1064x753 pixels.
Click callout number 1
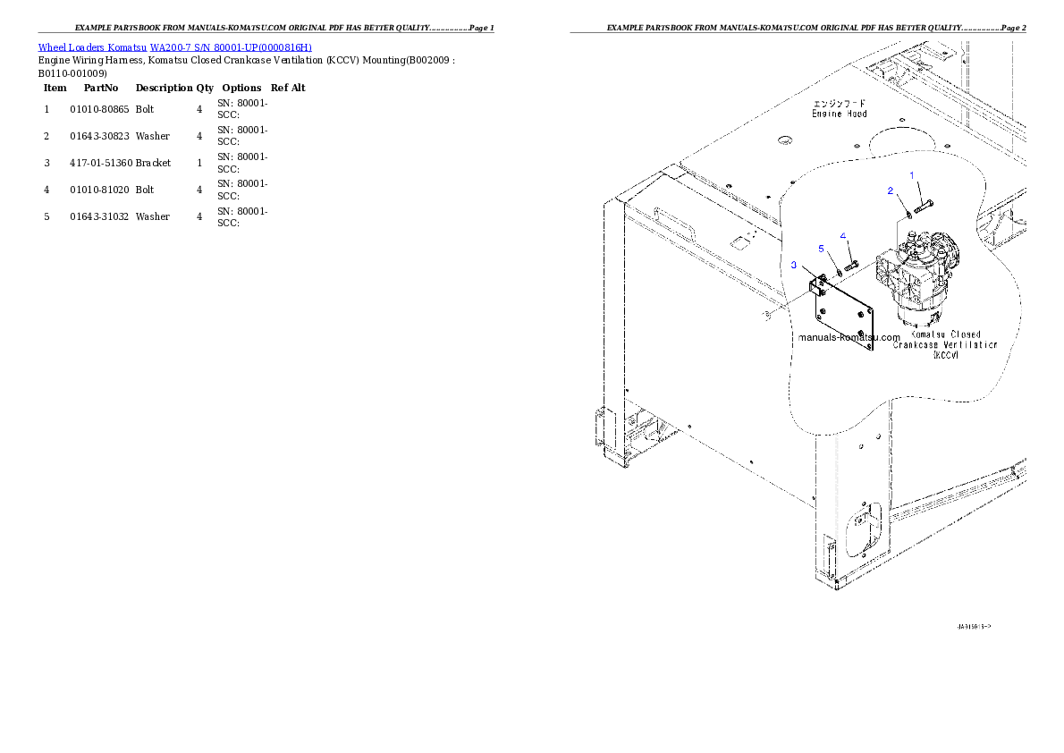point(912,175)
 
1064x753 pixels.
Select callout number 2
point(890,190)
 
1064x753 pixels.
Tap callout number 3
point(792,265)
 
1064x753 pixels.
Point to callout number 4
point(843,236)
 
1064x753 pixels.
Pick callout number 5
point(822,248)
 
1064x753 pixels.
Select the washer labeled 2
point(909,213)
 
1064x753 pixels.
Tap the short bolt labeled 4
point(851,264)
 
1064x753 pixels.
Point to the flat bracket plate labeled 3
point(845,318)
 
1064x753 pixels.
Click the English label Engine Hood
point(839,114)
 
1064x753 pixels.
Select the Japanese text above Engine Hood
point(839,104)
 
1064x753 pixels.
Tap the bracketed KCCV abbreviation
point(945,355)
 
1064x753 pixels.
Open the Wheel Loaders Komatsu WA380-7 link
point(174,47)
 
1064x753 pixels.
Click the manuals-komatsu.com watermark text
point(849,338)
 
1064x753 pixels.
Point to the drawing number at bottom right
point(973,627)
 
